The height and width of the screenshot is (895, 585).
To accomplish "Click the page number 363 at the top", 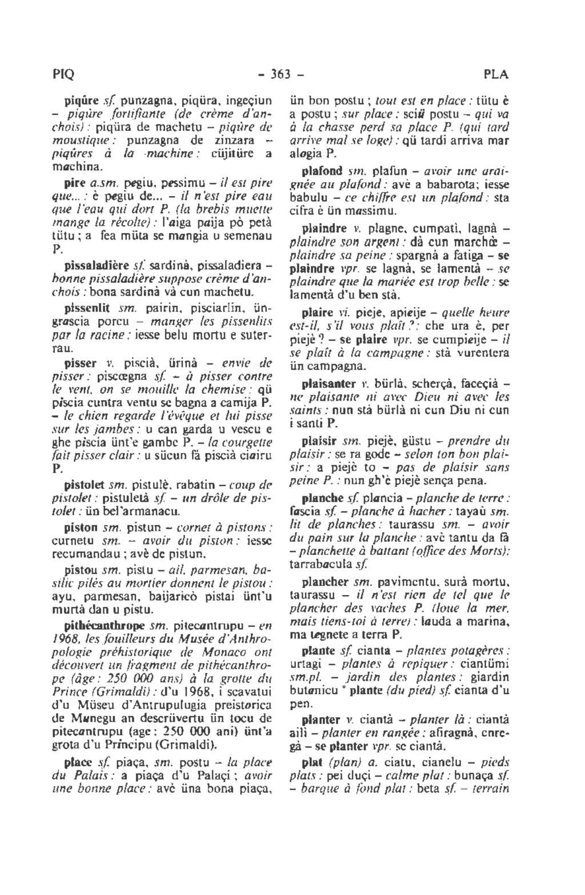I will (x=293, y=75).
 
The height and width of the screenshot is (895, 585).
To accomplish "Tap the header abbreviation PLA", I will (x=495, y=75).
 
